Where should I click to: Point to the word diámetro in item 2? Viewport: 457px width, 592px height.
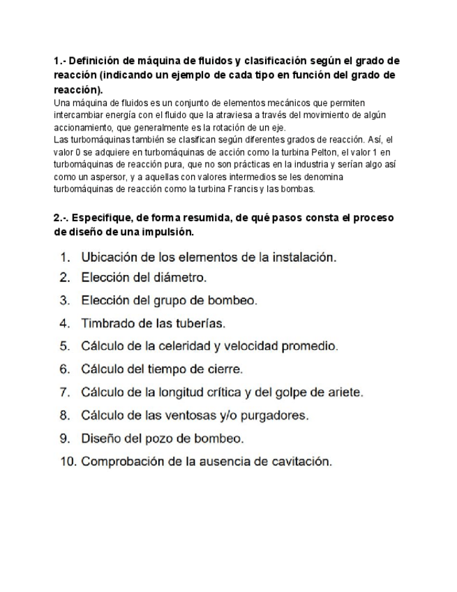pyautogui.click(x=181, y=278)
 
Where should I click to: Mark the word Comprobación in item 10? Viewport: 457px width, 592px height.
pyautogui.click(x=123, y=461)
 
